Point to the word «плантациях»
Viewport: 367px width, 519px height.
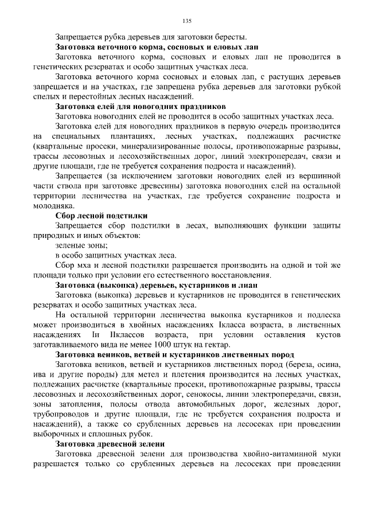tap(132, 136)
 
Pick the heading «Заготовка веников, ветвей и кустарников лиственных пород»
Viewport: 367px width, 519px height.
tap(175, 354)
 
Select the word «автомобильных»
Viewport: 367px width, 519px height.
tap(210, 404)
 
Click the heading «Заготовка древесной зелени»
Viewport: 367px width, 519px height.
tap(110, 443)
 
